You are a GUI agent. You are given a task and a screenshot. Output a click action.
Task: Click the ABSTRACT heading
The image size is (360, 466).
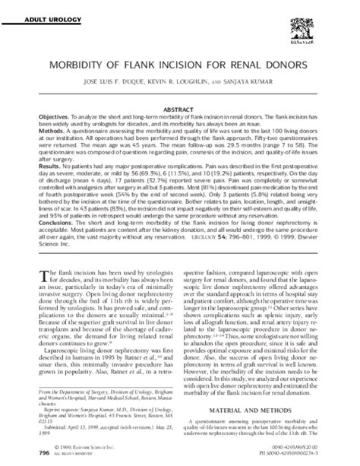180,109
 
